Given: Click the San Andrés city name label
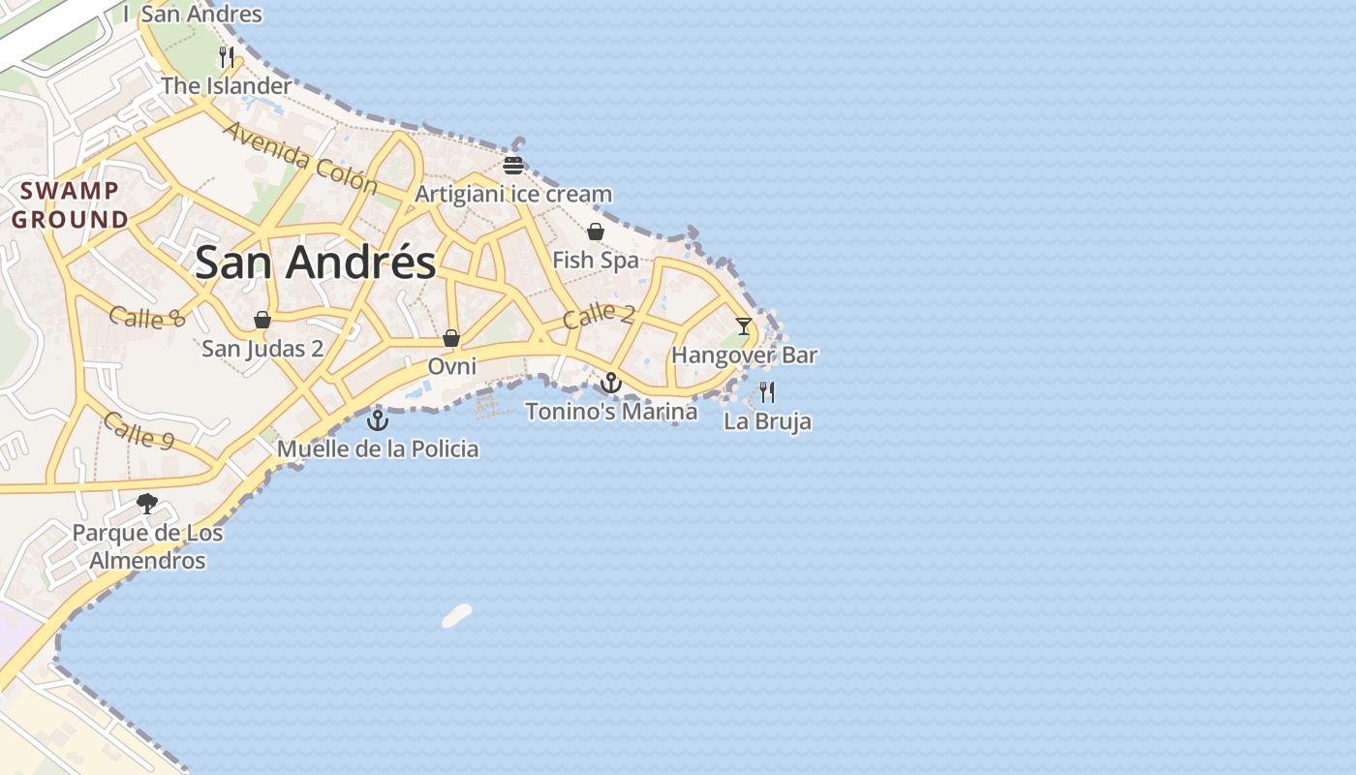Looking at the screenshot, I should point(316,263).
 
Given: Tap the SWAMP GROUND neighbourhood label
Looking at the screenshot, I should point(70,205).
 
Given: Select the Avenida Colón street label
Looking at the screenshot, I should point(299,157).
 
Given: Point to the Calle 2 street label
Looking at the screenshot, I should point(599,315).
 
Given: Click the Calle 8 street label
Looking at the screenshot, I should point(146,317).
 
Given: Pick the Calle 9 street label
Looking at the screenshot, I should point(139,430).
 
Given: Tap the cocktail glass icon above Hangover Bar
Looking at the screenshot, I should point(743,326).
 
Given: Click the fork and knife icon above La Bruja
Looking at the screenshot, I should point(767,392).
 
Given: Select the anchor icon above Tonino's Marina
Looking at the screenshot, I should point(610,383).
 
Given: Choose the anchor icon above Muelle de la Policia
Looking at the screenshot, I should point(378,420).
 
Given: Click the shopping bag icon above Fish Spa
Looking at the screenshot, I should point(596,232).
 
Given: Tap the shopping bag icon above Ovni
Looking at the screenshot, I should point(451,338).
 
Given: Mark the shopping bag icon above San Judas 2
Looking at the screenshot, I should point(262,320).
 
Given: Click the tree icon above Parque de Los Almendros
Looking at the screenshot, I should point(147,504).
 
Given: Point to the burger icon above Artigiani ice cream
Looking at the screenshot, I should point(513,166).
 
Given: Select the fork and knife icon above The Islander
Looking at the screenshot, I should point(227,57).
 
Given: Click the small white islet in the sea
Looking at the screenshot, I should point(457,615).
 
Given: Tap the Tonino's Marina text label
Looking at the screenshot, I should point(611,412).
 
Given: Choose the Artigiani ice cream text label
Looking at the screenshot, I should point(513,195).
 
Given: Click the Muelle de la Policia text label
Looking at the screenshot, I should point(378,449).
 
